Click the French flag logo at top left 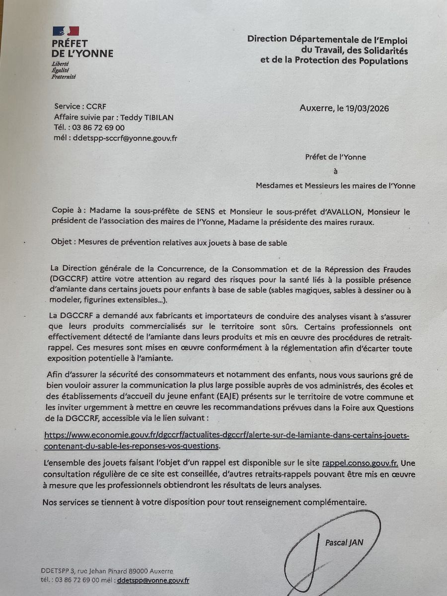coord(66,31)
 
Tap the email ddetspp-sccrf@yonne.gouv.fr coord(125,138)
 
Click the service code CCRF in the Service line coord(96,106)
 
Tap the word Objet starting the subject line coord(61,242)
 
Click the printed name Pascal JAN coord(344,542)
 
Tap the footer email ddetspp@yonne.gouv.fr coord(153,580)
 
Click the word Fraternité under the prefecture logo coord(64,77)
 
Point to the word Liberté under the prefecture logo coord(60,64)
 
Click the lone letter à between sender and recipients coord(335,171)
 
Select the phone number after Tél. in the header coord(99,128)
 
